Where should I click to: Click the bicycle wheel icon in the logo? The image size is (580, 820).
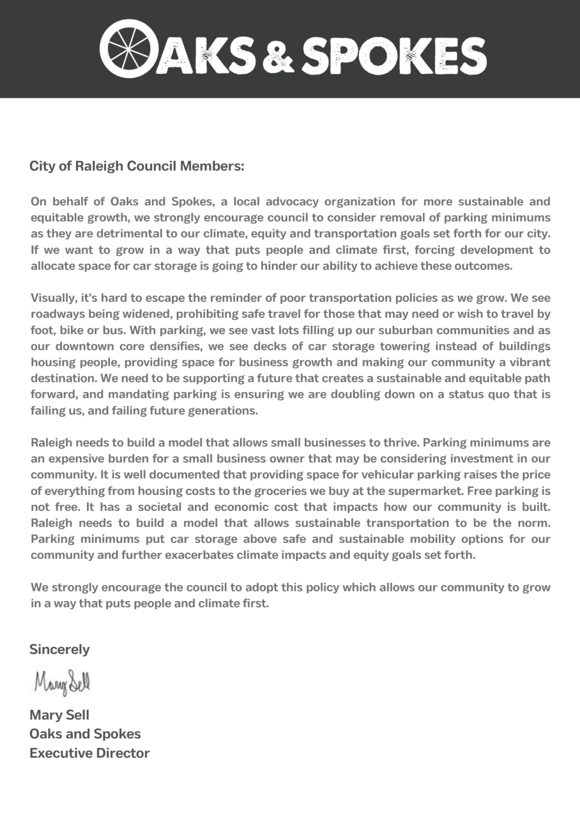pos(126,49)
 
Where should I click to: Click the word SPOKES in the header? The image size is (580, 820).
pos(394,55)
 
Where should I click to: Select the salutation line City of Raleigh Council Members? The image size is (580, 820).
pos(137,166)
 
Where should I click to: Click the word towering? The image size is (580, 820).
pos(405,346)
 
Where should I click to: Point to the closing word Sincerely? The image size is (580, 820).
pos(59,649)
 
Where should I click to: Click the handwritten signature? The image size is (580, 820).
pos(62,683)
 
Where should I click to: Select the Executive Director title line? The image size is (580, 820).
pos(90,753)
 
